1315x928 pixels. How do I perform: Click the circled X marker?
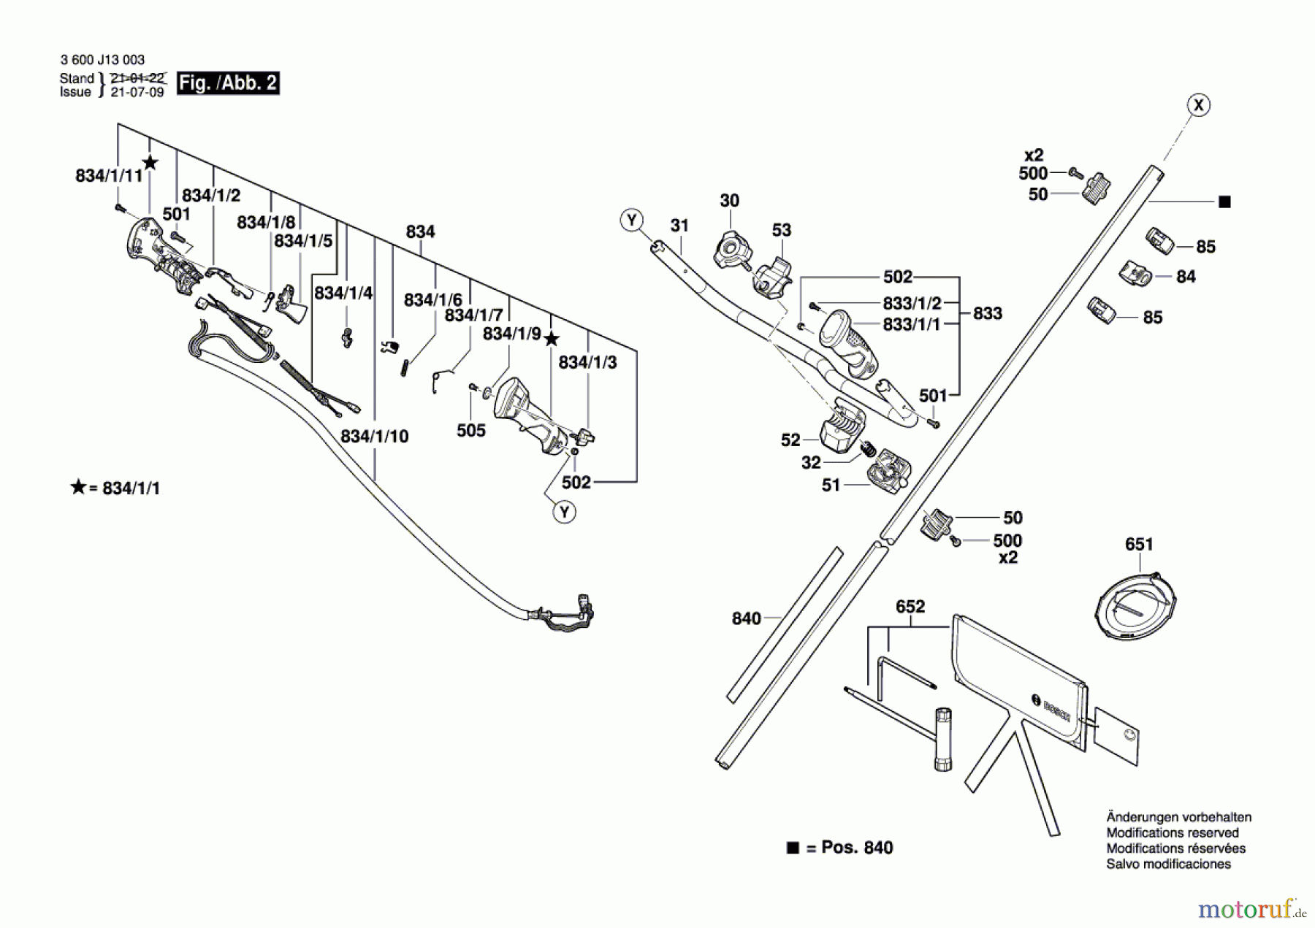(x=1198, y=105)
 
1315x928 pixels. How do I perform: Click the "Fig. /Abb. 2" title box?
(x=228, y=83)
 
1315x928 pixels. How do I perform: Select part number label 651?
(x=1139, y=544)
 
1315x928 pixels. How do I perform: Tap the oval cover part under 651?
(x=1137, y=605)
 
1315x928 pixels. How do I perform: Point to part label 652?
(x=910, y=606)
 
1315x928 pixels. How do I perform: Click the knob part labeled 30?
(x=732, y=250)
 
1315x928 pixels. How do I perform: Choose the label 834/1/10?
(x=375, y=436)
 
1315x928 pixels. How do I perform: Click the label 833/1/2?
(x=912, y=302)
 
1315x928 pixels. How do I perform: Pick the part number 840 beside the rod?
(x=747, y=618)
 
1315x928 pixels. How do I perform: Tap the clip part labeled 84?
(x=1135, y=274)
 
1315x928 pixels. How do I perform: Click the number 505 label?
(x=471, y=430)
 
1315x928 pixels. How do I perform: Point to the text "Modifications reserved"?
(x=1173, y=832)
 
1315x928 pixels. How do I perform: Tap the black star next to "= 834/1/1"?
(x=78, y=487)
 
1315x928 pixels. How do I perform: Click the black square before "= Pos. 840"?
(x=793, y=848)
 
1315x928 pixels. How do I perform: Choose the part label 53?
(x=782, y=230)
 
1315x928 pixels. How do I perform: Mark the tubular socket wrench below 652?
(x=943, y=738)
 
